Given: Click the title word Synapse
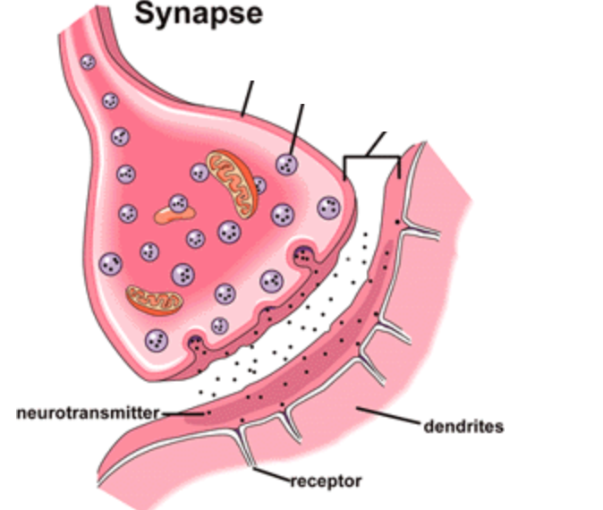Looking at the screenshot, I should tap(198, 14).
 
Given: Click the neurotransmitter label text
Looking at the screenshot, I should tap(87, 412).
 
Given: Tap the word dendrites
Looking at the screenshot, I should tap(463, 427).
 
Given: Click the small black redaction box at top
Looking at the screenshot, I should tap(265, 71).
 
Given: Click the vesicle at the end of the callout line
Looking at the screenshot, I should tap(287, 164).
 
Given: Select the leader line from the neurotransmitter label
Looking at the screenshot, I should tap(184, 412).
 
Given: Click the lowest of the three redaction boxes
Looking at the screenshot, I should tap(398, 117).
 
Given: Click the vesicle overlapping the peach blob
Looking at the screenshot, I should tap(177, 203).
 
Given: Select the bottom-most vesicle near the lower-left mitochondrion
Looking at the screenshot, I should tap(157, 340).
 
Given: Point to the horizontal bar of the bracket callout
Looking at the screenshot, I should tap(371, 158).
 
